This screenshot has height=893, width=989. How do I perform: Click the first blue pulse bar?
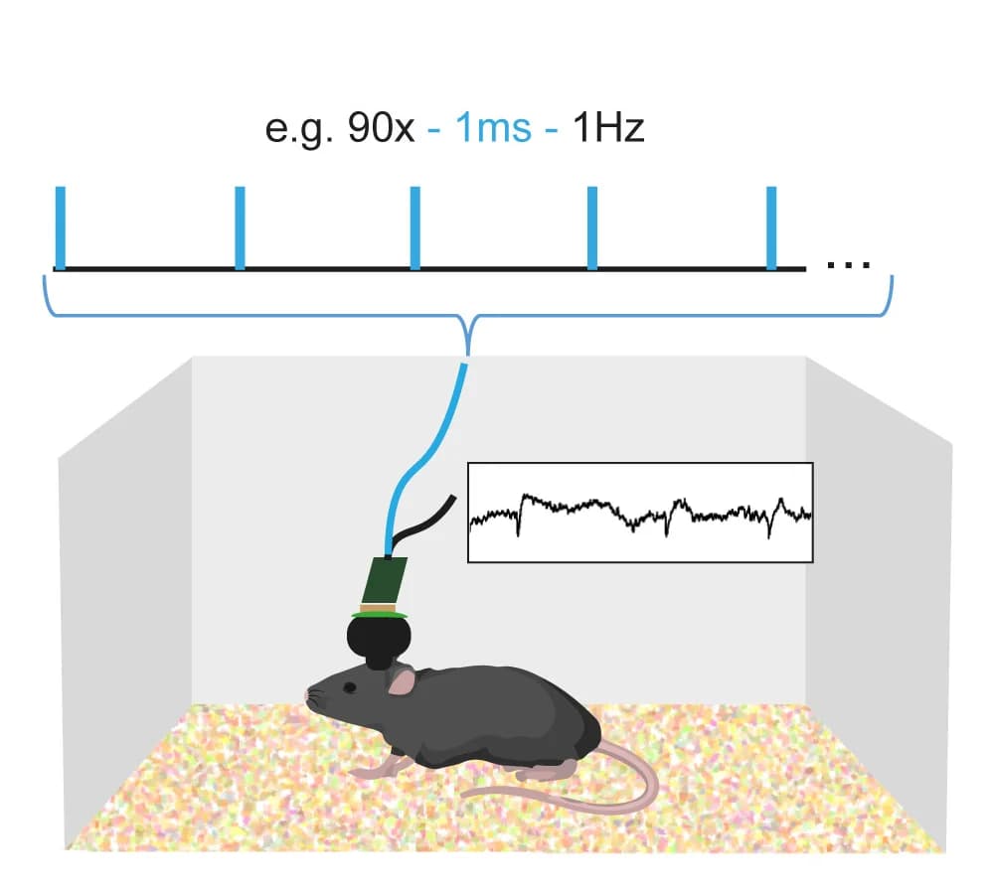click(61, 227)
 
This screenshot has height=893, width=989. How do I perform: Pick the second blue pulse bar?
click(240, 227)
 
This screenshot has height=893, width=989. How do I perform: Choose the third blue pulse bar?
click(415, 227)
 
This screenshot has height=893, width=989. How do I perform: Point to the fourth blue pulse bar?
click(592, 227)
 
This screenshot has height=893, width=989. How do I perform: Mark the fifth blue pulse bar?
click(771, 227)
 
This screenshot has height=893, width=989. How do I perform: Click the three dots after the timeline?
click(849, 265)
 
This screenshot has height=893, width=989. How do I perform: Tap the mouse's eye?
click(349, 687)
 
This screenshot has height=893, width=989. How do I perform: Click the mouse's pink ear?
click(402, 681)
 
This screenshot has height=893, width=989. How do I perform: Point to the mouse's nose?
click(308, 694)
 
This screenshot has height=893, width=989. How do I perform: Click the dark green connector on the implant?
click(385, 580)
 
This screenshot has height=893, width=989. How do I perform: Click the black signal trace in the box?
click(640, 514)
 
